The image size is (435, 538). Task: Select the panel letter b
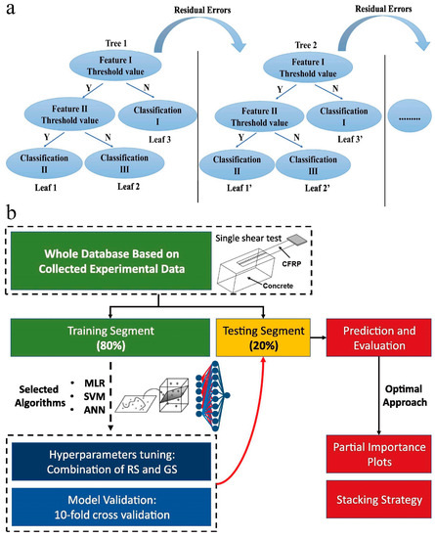point(10,210)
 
